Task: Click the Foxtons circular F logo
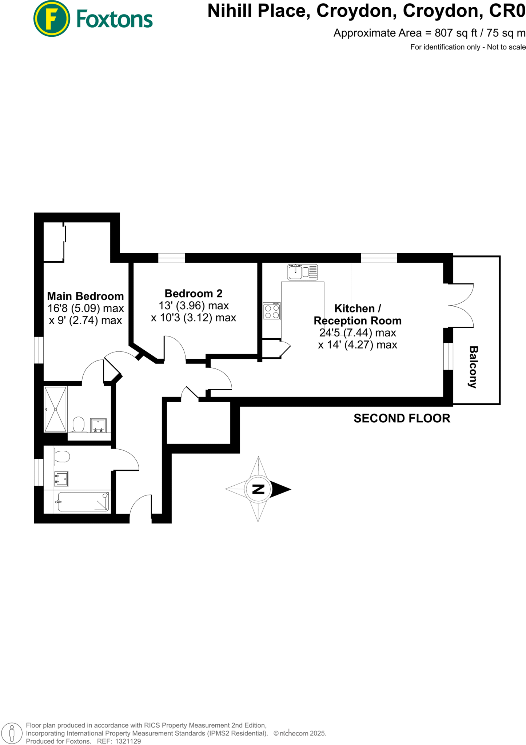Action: pyautogui.click(x=51, y=19)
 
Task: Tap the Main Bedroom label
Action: pyautogui.click(x=85, y=296)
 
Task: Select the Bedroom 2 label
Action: pyautogui.click(x=193, y=293)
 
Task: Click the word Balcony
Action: pyautogui.click(x=473, y=367)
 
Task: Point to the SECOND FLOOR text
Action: pyautogui.click(x=402, y=418)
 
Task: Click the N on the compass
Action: pyautogui.click(x=258, y=489)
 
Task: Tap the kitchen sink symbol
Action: pyautogui.click(x=302, y=272)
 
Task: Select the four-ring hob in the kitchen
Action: pyautogui.click(x=272, y=311)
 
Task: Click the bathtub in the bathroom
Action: pyautogui.click(x=83, y=502)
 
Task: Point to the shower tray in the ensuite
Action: pyautogui.click(x=55, y=409)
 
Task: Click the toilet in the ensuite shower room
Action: pyautogui.click(x=79, y=425)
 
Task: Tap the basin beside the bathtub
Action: pyautogui.click(x=61, y=479)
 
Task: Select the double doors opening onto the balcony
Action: pyautogui.click(x=461, y=306)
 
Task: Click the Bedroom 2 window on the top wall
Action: pyautogui.click(x=171, y=258)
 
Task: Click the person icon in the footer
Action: pyautogui.click(x=12, y=733)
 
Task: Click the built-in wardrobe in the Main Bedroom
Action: pyautogui.click(x=53, y=242)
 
